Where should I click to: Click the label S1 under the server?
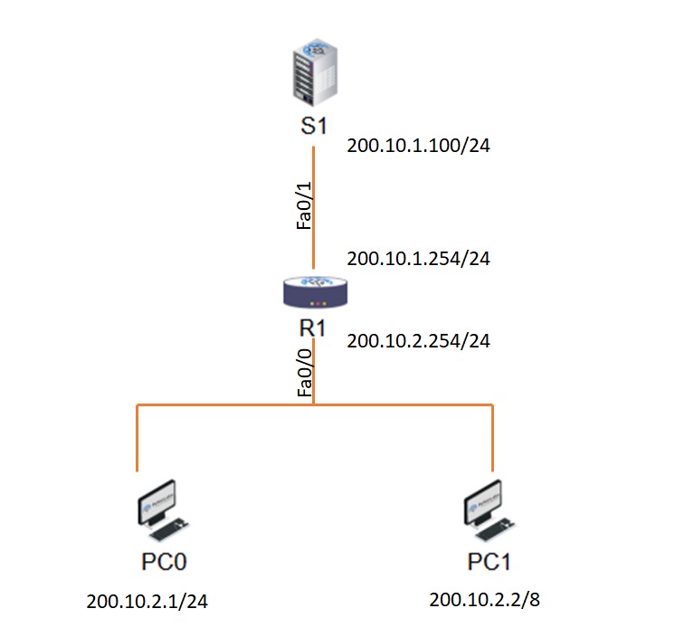coord(313,126)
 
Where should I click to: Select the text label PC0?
coord(164,562)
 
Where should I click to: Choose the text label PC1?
coord(490,562)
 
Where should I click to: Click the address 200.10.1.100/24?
coord(418,146)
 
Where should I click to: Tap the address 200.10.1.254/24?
coord(418,259)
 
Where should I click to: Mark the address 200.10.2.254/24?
coord(418,341)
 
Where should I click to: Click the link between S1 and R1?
coord(313,181)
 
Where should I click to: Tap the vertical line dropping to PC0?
coord(137,439)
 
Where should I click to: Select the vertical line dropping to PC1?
coord(493,439)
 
